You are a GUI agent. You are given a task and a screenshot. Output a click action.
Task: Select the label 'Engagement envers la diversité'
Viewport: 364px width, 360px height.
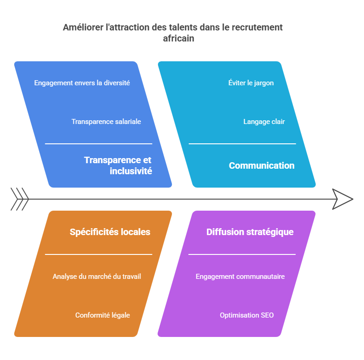tap(82, 83)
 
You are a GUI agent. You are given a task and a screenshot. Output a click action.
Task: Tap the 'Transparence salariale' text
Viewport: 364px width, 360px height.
tap(106, 122)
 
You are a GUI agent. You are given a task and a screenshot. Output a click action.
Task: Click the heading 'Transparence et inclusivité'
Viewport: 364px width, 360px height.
tap(118, 165)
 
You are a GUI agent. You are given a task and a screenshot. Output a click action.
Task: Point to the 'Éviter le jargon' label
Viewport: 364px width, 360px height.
tap(251, 83)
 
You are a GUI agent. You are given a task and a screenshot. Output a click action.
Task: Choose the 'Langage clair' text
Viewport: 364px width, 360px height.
tap(264, 122)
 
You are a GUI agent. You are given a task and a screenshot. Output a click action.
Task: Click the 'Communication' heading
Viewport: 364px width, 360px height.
tap(262, 165)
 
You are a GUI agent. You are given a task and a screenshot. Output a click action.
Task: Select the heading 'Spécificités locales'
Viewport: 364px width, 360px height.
tap(110, 232)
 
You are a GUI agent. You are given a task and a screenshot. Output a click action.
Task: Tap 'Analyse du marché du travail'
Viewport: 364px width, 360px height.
tap(97, 277)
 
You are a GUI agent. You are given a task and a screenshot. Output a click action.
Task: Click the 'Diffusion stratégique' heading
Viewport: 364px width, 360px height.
tap(250, 232)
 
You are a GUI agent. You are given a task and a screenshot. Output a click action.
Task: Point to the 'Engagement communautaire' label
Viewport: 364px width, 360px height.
tap(240, 277)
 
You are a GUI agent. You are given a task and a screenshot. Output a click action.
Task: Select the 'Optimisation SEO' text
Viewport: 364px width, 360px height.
tap(247, 315)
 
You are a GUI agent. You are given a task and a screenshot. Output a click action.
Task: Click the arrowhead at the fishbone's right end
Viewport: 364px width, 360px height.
tap(342, 199)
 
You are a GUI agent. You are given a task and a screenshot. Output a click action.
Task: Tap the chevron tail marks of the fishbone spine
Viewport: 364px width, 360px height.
tap(20, 199)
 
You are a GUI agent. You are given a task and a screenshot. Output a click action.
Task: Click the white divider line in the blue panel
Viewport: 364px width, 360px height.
tap(98, 144)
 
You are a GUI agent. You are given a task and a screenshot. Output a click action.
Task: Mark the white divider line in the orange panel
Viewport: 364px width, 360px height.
tap(98, 254)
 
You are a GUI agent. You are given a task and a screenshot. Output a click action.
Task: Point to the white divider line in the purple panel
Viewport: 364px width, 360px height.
tap(242, 254)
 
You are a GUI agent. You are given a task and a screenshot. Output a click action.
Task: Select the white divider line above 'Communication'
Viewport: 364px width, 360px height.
tap(242, 144)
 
